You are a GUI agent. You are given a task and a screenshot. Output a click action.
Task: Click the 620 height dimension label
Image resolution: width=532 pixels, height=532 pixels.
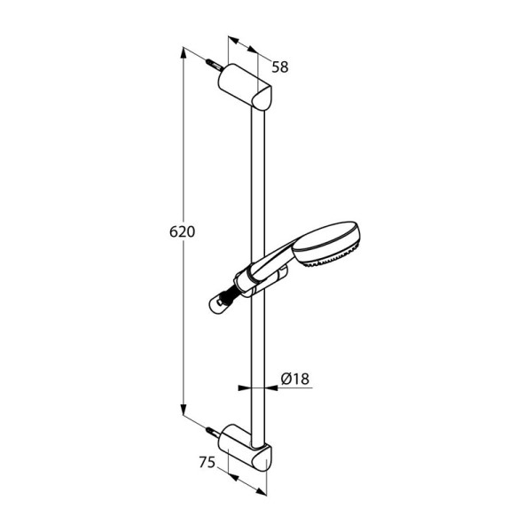click(x=182, y=231)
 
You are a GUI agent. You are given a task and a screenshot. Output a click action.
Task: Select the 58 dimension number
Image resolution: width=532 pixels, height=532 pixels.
click(x=280, y=67)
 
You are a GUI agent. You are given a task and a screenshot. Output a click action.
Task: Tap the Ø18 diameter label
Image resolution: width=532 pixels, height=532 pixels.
click(x=295, y=379)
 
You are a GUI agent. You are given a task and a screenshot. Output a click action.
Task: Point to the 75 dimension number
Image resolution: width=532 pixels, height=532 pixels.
click(x=207, y=462)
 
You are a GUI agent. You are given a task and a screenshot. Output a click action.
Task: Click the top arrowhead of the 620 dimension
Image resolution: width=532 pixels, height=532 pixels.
click(x=184, y=53)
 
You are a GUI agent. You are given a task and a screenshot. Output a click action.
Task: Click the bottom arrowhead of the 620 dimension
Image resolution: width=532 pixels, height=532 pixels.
click(x=184, y=409)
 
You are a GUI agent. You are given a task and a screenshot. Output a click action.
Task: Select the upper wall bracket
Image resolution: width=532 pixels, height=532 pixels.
click(x=245, y=87)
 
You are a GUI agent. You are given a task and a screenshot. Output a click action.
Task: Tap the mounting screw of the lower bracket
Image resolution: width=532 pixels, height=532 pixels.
click(x=214, y=433)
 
